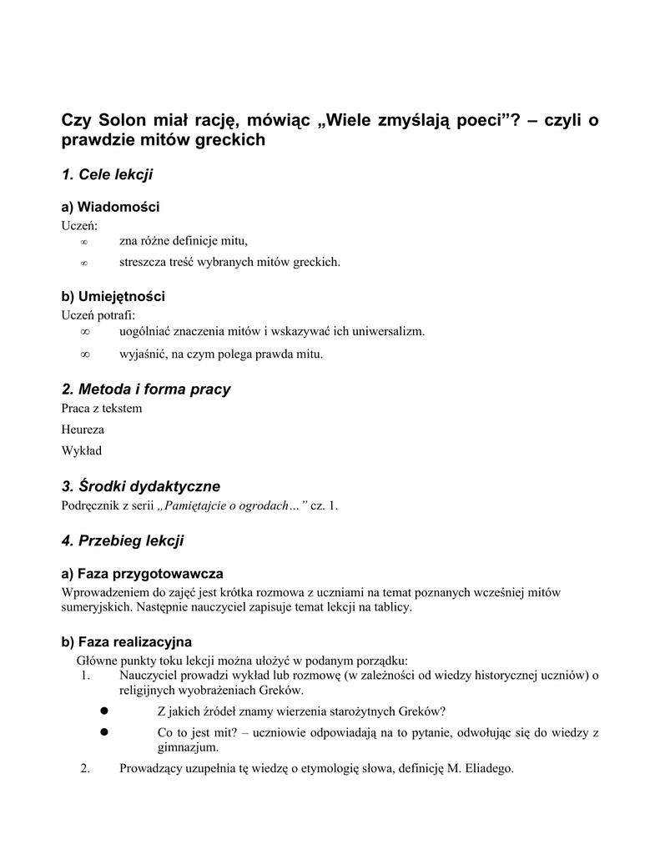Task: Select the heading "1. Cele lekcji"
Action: coord(107,174)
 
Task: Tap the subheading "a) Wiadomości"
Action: coord(110,207)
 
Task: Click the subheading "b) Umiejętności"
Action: coord(113,296)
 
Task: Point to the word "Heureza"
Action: coord(83,430)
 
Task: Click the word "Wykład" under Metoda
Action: coord(81,451)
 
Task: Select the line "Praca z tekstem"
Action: coord(102,408)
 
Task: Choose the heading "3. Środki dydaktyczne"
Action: coord(140,486)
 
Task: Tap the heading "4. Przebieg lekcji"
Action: coord(123,540)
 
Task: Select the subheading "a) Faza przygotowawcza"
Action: coord(142,574)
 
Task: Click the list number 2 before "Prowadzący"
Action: coord(85,768)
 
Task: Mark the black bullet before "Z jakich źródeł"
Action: coord(106,710)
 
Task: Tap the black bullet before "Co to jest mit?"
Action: coord(106,731)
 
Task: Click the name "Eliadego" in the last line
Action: coord(488,768)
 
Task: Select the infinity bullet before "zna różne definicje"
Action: coord(83,242)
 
